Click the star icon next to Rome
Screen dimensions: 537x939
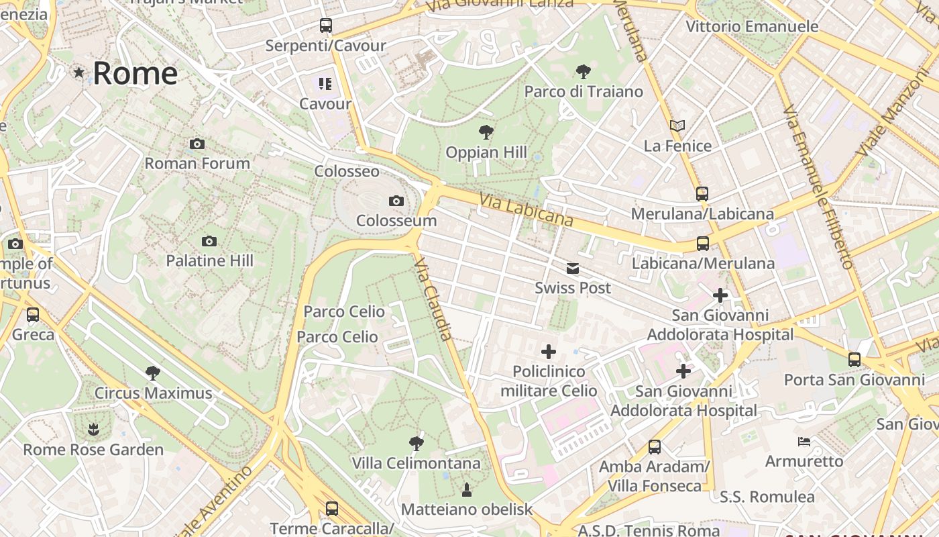[x=79, y=72]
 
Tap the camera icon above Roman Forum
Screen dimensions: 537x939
[x=197, y=144]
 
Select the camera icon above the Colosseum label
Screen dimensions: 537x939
[x=396, y=201]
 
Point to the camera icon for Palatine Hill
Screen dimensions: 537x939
[x=209, y=241]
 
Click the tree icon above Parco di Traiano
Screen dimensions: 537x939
[x=584, y=71]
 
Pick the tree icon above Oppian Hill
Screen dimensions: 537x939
[x=486, y=132]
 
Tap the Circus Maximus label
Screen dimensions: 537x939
[x=153, y=393]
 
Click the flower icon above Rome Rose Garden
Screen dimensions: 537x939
[x=93, y=429]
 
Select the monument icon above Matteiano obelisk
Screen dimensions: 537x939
[x=467, y=490]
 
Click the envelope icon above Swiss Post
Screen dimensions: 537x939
[x=573, y=268]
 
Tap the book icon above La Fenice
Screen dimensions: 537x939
[x=677, y=126]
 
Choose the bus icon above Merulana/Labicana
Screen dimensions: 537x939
[x=702, y=194]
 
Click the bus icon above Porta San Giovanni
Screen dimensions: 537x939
[x=854, y=359]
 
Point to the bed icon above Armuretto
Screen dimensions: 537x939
[x=804, y=442]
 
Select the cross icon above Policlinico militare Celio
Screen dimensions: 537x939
[x=549, y=351]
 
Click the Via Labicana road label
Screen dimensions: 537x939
[x=527, y=209]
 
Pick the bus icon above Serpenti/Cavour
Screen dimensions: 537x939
[x=326, y=26]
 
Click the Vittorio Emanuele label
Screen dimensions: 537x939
[x=752, y=27]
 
